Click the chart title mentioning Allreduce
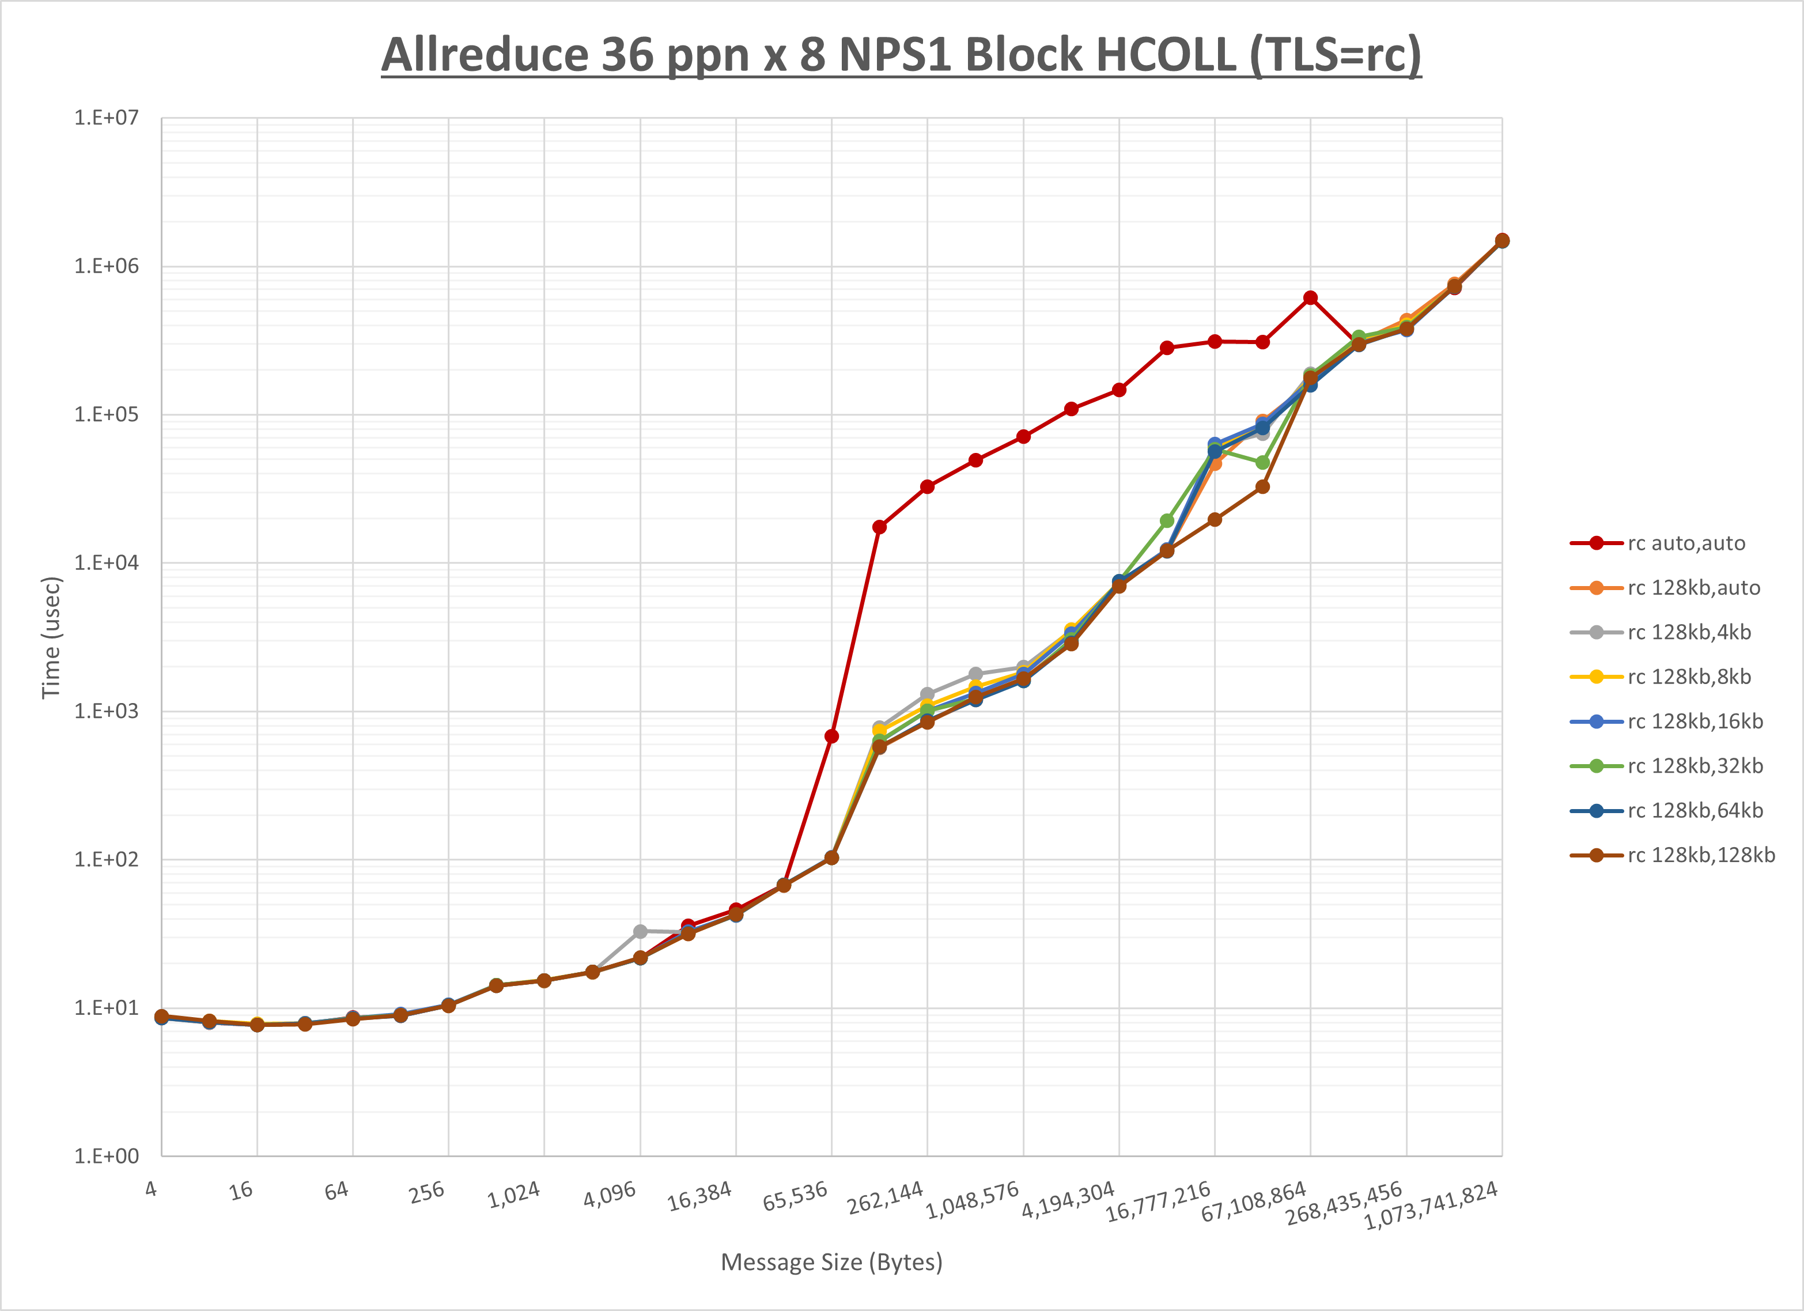point(901,56)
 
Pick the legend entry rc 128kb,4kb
point(1689,632)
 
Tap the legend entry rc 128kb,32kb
point(1694,766)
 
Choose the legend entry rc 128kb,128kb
point(1701,855)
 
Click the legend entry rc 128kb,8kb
point(1689,677)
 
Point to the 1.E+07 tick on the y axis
point(106,118)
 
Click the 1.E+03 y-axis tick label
point(106,711)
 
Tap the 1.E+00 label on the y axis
point(106,1156)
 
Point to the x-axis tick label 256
point(426,1192)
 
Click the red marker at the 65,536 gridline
point(831,736)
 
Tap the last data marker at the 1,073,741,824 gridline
point(1502,240)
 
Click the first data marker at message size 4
point(161,1017)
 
